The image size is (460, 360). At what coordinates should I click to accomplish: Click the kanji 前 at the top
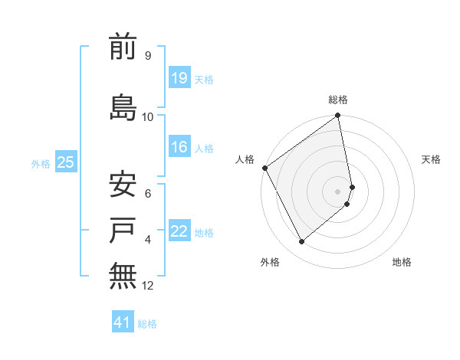pyautogui.click(x=123, y=47)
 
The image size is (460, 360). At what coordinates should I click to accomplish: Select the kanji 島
pyautogui.click(x=123, y=106)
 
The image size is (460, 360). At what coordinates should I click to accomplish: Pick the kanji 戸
pyautogui.click(x=123, y=229)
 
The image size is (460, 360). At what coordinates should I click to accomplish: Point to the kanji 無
pyautogui.click(x=123, y=275)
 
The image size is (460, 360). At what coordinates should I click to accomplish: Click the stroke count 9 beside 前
pyautogui.click(x=147, y=56)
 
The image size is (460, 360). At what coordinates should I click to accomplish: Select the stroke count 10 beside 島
pyautogui.click(x=148, y=116)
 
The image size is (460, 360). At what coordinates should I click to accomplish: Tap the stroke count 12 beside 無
pyautogui.click(x=148, y=286)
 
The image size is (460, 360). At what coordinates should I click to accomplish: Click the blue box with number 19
pyautogui.click(x=179, y=78)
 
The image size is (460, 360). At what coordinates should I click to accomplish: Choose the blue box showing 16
pyautogui.click(x=179, y=147)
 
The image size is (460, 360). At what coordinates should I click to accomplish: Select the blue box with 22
pyautogui.click(x=179, y=231)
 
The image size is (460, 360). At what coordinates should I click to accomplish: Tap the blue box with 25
pyautogui.click(x=65, y=162)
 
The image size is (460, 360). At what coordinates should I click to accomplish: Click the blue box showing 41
pyautogui.click(x=123, y=323)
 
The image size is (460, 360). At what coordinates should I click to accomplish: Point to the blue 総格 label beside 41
pyautogui.click(x=147, y=324)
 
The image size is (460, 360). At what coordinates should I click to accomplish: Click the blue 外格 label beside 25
pyautogui.click(x=41, y=163)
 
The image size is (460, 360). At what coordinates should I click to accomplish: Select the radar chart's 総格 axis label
pyautogui.click(x=338, y=100)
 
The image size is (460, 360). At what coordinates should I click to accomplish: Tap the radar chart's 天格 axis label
pyautogui.click(x=432, y=159)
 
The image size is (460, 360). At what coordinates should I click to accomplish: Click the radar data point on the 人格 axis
pyautogui.click(x=264, y=168)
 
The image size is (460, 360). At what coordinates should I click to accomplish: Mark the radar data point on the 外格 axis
pyautogui.click(x=301, y=242)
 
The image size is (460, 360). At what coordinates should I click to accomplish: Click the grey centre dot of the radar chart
pyautogui.click(x=338, y=191)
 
